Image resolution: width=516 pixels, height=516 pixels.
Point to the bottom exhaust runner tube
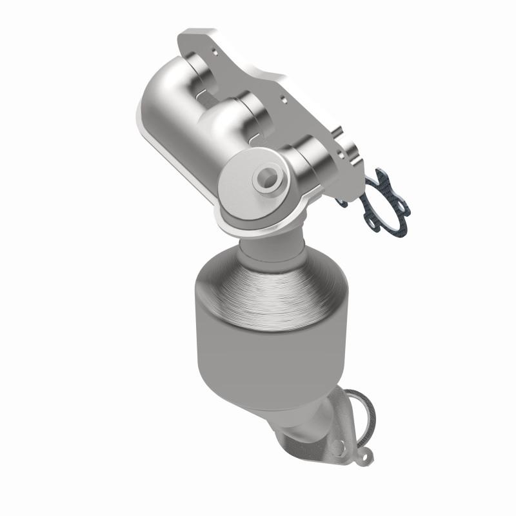tap(308, 160)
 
